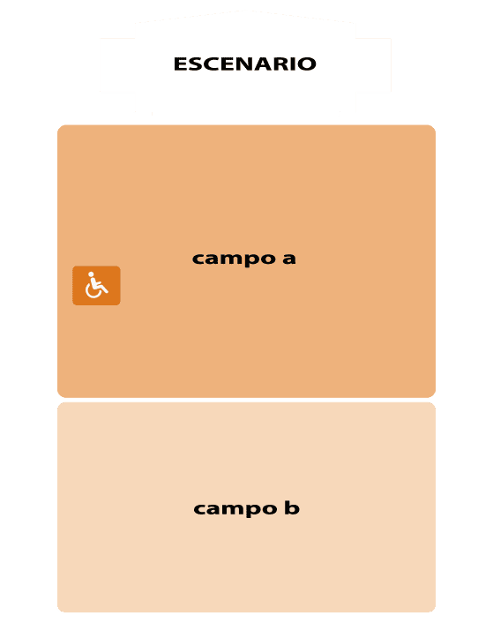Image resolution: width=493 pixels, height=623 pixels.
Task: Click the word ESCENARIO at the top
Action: (x=245, y=64)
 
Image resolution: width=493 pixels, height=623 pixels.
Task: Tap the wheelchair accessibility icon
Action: (x=96, y=286)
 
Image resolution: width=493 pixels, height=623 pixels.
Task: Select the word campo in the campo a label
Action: (x=234, y=259)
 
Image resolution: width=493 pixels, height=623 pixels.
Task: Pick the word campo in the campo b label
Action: (x=235, y=509)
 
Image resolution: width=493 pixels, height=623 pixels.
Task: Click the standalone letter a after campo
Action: (x=289, y=259)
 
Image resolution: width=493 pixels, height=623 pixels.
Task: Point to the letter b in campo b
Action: (x=292, y=507)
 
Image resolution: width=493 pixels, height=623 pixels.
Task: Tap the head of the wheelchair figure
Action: (x=91, y=274)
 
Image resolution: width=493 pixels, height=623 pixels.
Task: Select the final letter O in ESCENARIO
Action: (x=306, y=64)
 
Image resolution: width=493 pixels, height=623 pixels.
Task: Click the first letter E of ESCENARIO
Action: (x=180, y=64)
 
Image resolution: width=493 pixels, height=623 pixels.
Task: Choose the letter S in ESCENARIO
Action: (x=194, y=64)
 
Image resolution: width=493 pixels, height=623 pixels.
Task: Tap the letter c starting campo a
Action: (x=198, y=259)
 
